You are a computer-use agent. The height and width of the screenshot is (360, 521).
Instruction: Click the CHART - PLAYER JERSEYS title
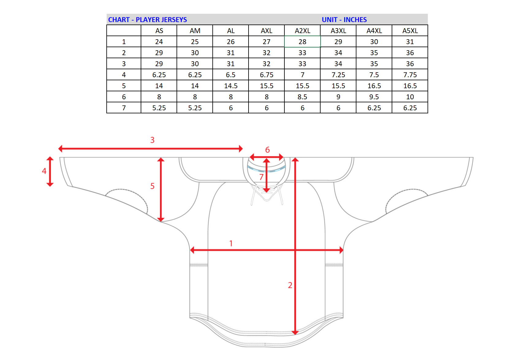pyautogui.click(x=147, y=20)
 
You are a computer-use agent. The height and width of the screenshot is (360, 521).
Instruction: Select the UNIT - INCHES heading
pyautogui.click(x=344, y=20)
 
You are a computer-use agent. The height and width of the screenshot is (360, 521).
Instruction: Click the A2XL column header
pyautogui.click(x=302, y=31)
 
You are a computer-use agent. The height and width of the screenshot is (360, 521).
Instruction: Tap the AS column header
pyautogui.click(x=159, y=31)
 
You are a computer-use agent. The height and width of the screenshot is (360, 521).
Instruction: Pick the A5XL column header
pyautogui.click(x=410, y=31)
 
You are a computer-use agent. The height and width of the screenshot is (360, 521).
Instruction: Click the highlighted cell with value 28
pyautogui.click(x=302, y=42)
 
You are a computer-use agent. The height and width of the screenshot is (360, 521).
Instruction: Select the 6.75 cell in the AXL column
pyautogui.click(x=267, y=75)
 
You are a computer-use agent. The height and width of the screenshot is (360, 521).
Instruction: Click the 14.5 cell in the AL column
pyautogui.click(x=231, y=86)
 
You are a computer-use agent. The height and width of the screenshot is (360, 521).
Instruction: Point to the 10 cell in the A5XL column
pyautogui.click(x=410, y=97)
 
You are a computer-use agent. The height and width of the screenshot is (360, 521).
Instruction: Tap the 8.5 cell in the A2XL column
pyautogui.click(x=302, y=97)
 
